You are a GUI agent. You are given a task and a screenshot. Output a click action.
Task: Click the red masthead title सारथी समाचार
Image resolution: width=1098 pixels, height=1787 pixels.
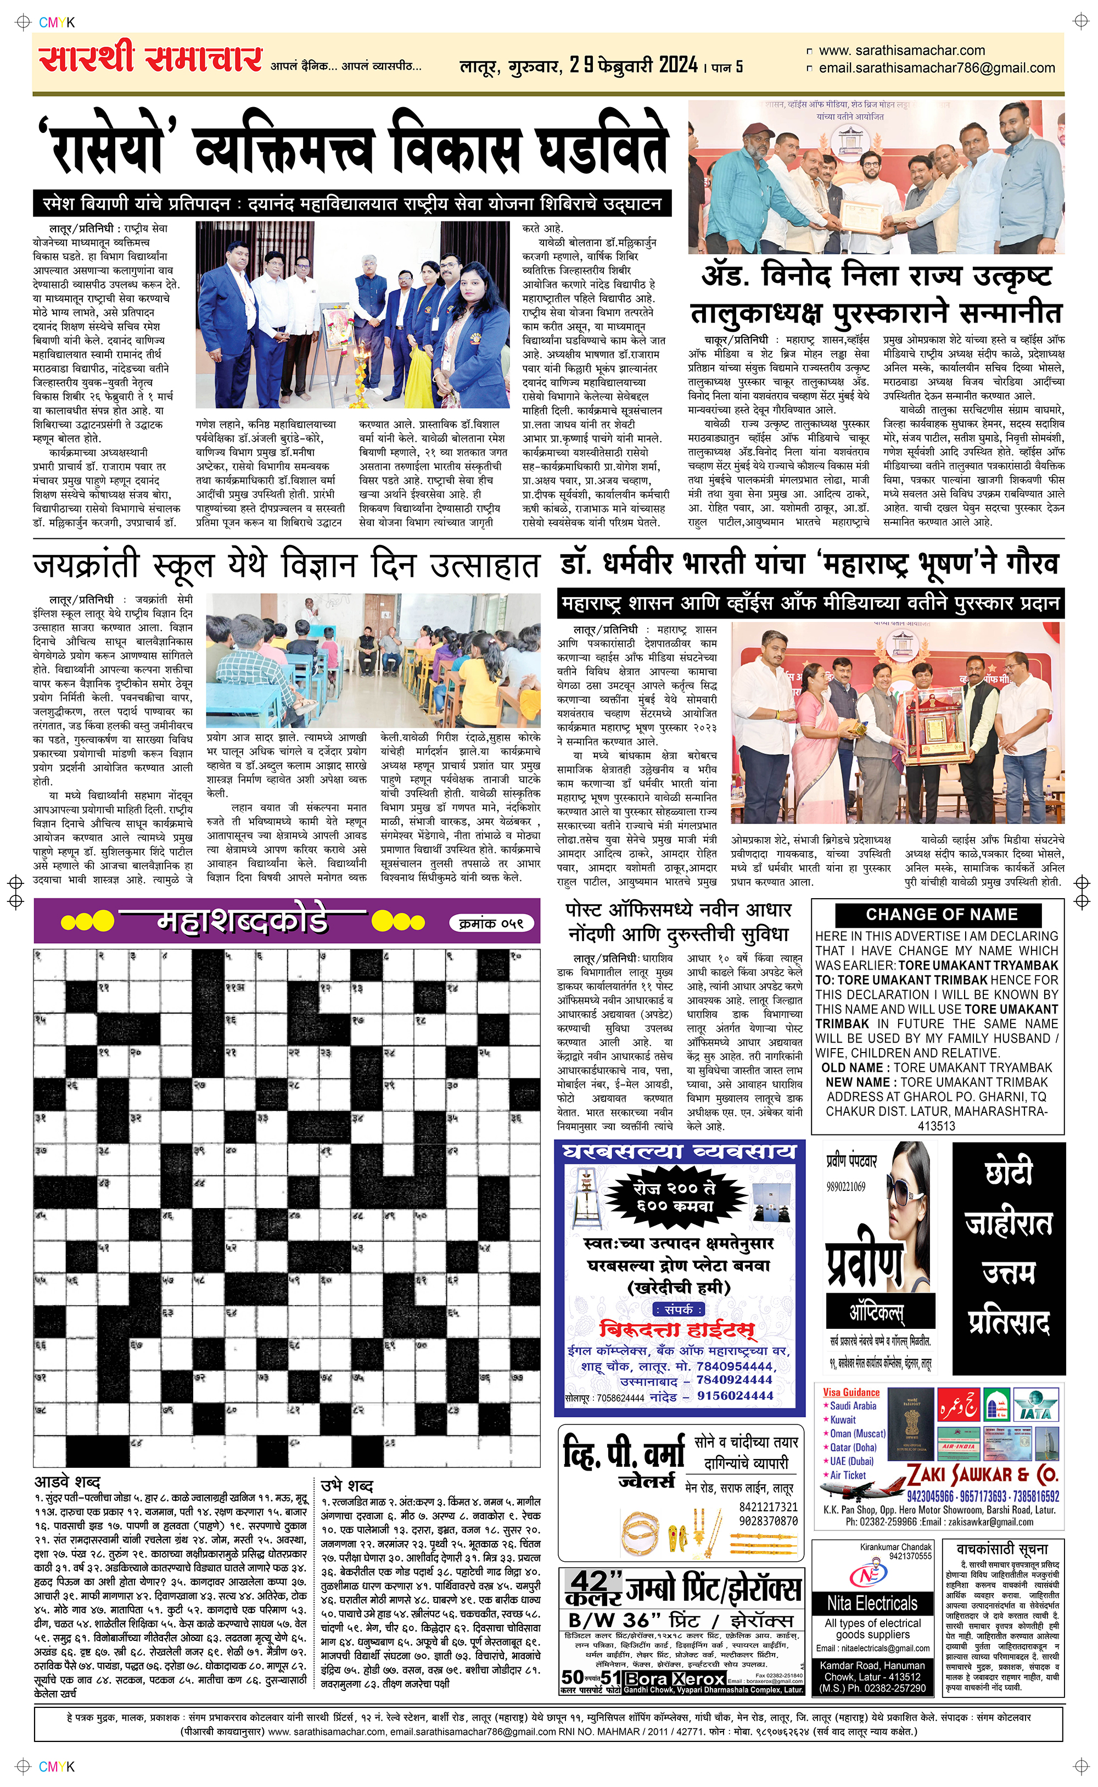coord(150,58)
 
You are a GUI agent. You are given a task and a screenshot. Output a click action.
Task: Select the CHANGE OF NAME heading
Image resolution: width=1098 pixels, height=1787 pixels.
coord(941,915)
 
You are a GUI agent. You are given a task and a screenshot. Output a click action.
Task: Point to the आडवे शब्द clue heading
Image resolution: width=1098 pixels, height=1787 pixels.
coord(67,1482)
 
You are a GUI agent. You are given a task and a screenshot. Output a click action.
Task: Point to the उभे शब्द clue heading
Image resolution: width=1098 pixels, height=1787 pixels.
coord(346,1485)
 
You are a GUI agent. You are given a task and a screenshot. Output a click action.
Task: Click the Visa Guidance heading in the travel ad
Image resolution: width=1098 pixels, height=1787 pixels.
coord(851,1393)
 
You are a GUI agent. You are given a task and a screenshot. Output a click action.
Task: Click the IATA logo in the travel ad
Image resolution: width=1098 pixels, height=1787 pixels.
coord(1034,1405)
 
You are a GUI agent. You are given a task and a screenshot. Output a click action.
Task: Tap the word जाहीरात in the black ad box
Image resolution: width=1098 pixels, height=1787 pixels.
coord(1008,1223)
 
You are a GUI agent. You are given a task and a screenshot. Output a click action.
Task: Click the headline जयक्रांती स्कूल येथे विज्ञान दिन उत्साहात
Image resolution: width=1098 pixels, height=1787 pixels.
coord(286,566)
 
